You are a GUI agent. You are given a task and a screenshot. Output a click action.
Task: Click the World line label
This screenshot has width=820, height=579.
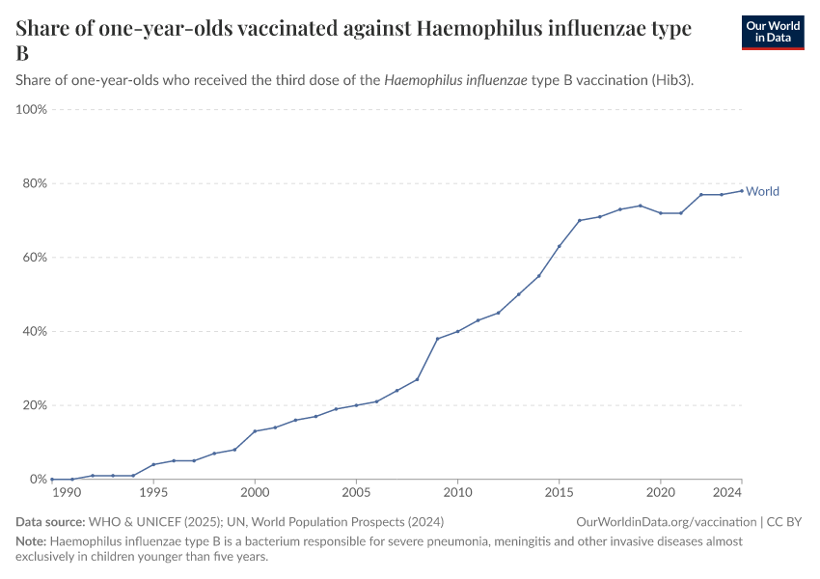coord(762,191)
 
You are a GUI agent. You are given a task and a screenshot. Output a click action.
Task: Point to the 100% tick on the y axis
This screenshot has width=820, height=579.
coord(31,110)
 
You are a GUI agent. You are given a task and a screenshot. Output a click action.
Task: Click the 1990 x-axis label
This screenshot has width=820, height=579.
coord(66,493)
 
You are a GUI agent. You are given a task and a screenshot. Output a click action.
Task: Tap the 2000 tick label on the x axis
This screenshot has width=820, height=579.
coord(255,493)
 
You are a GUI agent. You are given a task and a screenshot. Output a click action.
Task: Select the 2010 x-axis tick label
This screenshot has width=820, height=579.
coord(457,493)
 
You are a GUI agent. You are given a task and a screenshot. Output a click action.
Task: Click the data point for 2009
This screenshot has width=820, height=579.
coord(437,339)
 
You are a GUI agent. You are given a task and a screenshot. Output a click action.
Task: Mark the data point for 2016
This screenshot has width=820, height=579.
coord(579,220)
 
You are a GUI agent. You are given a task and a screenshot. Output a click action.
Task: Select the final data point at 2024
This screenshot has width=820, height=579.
coord(741,190)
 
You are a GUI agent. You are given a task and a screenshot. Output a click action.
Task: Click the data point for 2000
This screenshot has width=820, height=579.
coord(255,431)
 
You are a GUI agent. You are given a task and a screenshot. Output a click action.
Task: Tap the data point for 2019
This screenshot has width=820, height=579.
coord(640,206)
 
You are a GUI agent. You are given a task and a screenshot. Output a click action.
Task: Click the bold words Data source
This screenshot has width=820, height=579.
coord(48,522)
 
